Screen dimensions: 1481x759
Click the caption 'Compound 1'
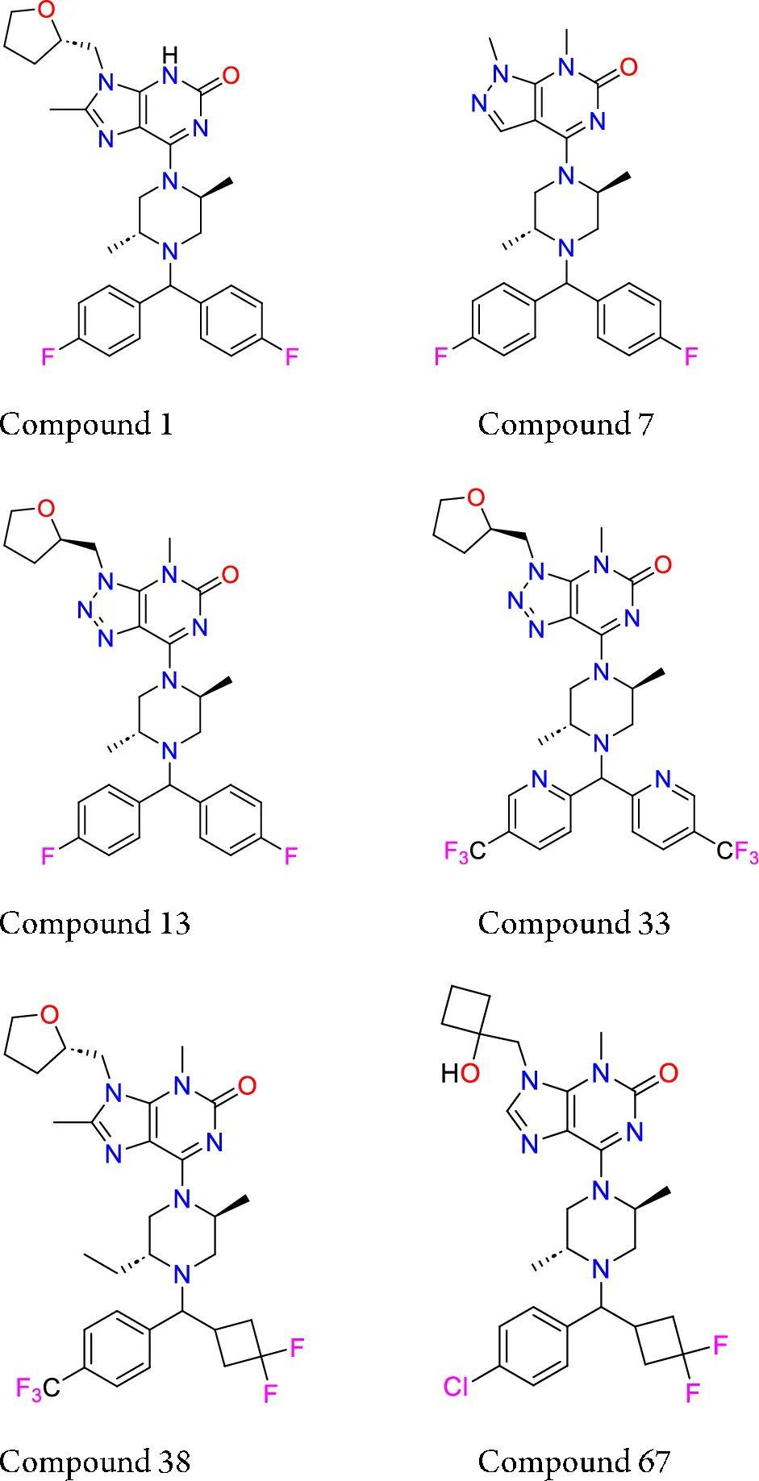point(86,423)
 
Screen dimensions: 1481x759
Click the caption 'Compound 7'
point(565,423)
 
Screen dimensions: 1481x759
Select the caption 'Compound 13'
point(95,922)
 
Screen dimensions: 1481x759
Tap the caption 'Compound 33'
point(573,922)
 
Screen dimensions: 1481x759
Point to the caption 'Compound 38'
point(95,1460)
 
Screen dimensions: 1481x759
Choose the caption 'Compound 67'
point(573,1460)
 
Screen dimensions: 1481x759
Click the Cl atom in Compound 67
point(457,1385)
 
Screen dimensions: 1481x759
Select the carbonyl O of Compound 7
point(628,68)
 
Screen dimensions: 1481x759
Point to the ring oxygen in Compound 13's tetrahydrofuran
point(47,508)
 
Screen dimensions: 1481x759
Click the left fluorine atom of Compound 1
point(48,356)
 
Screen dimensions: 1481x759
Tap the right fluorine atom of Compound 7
point(690,356)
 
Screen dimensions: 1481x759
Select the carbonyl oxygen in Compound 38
point(248,1085)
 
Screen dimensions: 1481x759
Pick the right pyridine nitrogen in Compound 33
point(664,780)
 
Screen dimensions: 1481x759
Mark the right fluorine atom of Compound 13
point(290,855)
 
